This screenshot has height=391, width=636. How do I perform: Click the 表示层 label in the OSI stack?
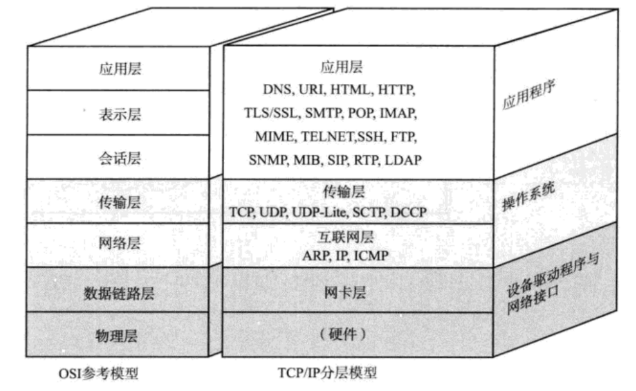[120, 114]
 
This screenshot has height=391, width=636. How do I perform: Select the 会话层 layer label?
[120, 158]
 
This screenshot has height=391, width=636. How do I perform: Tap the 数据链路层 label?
[119, 293]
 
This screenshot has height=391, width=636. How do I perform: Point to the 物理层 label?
[116, 336]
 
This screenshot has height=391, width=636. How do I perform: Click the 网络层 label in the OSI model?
[119, 243]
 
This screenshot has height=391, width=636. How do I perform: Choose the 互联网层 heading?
[345, 237]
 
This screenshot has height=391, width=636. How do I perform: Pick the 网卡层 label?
[345, 292]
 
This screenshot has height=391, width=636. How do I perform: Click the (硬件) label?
[343, 334]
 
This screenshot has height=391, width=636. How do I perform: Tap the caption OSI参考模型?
[98, 373]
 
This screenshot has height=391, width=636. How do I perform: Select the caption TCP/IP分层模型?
[327, 373]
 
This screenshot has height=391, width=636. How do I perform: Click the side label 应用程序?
[528, 95]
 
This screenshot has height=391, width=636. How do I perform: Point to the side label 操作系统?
[528, 197]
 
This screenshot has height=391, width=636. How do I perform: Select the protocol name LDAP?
[403, 160]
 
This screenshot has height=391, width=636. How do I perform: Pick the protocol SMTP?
[324, 113]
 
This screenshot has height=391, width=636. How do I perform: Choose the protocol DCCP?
[408, 212]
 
